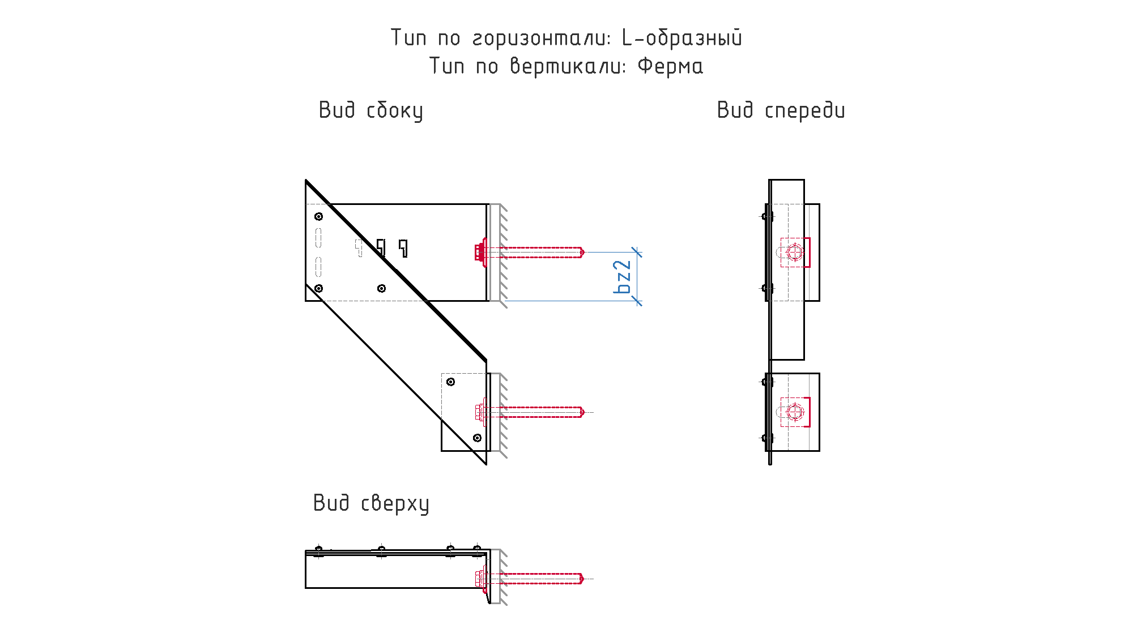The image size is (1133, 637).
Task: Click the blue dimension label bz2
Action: tap(622, 277)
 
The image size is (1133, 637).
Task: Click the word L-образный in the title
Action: tap(682, 38)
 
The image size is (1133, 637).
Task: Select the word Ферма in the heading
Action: tap(670, 66)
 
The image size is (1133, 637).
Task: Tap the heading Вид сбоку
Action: tap(371, 110)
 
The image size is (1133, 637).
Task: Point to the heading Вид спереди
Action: tap(781, 110)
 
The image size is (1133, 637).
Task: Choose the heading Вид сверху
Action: tap(371, 503)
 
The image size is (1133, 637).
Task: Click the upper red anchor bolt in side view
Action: tap(530, 252)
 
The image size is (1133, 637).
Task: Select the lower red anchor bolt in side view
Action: tap(530, 412)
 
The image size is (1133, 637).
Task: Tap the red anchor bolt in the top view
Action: tap(530, 578)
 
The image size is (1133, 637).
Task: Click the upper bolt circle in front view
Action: tap(795, 252)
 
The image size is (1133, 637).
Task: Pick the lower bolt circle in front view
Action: tap(795, 412)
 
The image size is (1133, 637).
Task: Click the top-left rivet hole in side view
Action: tap(319, 216)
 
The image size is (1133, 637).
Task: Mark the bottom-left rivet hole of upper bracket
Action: tap(319, 288)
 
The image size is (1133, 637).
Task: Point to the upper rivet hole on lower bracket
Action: tap(450, 382)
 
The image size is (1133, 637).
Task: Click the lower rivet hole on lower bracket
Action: tap(477, 438)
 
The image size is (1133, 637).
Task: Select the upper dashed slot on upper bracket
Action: tap(318, 237)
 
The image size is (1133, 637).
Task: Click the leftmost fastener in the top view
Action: tap(318, 551)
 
